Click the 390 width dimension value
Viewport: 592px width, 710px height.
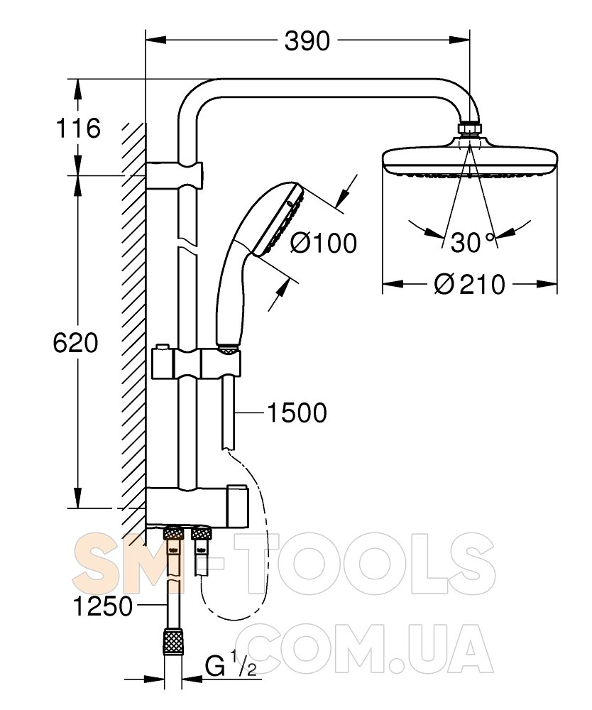coord(307,41)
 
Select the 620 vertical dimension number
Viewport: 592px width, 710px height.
coord(75,343)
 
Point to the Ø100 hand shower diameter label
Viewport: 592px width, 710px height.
coord(323,243)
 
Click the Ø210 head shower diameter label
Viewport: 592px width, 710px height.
coord(469,285)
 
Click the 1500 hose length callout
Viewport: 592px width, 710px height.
coord(297,413)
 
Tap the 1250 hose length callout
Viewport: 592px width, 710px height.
coord(103,606)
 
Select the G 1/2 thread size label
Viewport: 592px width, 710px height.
coord(231,667)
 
